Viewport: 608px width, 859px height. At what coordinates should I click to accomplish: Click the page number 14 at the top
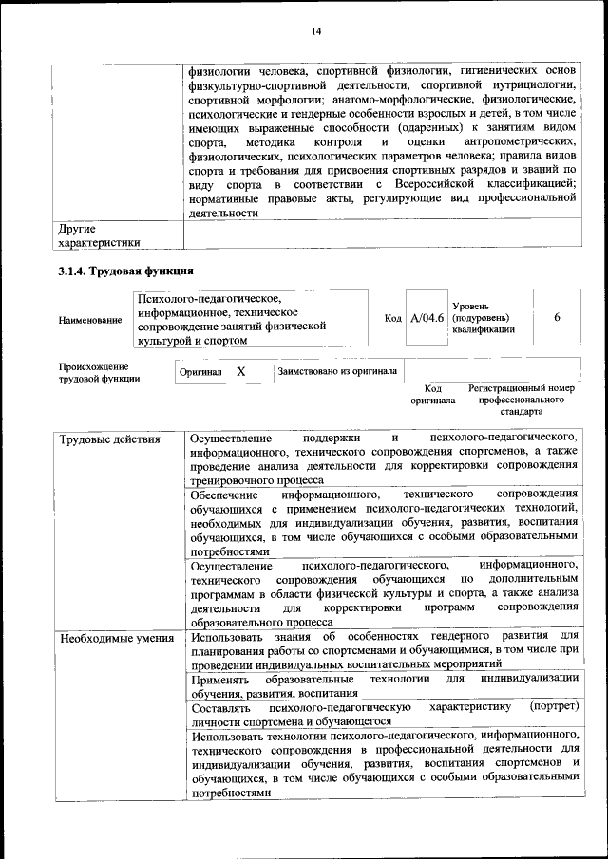tap(316, 32)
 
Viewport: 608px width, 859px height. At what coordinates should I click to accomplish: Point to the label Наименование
tap(90, 320)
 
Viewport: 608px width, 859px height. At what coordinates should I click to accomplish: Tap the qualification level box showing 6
tap(557, 317)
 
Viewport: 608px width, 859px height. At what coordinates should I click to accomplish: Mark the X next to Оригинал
tap(241, 372)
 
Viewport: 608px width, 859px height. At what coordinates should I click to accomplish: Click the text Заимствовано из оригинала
tap(337, 372)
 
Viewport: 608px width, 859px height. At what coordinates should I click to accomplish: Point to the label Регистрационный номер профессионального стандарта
tap(522, 401)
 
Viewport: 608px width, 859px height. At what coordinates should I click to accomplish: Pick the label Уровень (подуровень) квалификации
tap(485, 318)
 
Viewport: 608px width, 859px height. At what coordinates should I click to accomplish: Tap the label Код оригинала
tap(433, 395)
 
